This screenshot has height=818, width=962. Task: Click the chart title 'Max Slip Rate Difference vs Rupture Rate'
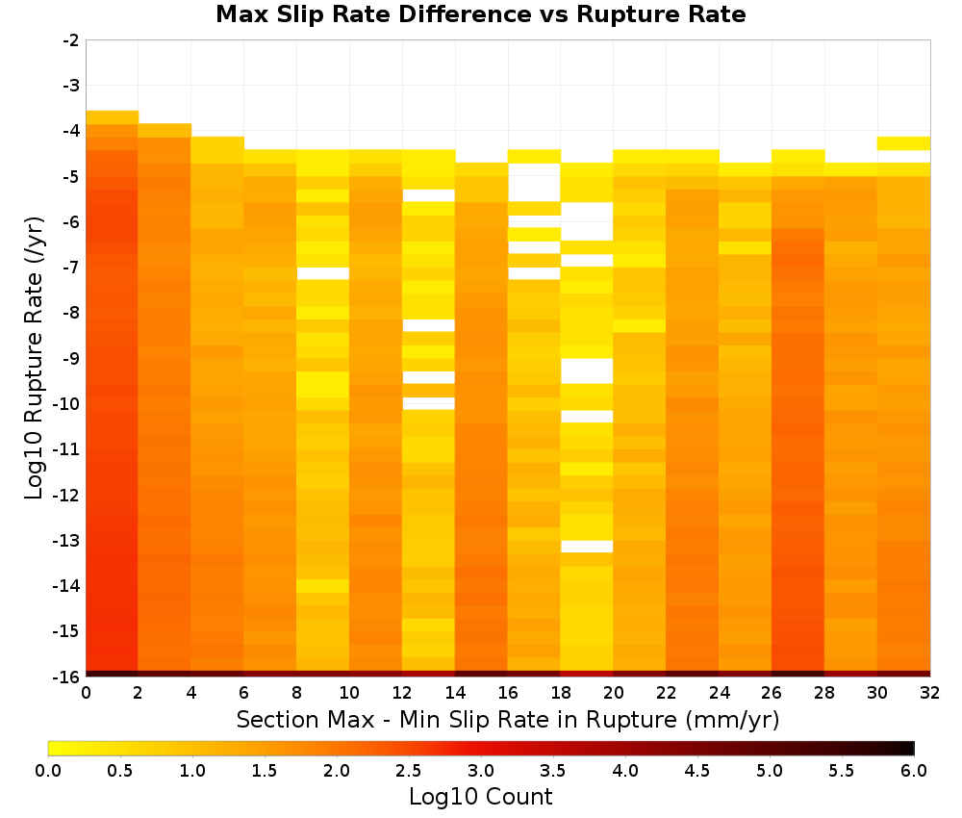pyautogui.click(x=481, y=14)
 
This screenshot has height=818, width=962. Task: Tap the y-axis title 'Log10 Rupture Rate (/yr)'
pyautogui.click(x=34, y=358)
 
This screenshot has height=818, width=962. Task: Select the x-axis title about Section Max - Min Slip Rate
pyautogui.click(x=508, y=720)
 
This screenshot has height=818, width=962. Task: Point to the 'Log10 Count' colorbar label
pyautogui.click(x=481, y=797)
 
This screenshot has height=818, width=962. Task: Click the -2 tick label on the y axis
pyautogui.click(x=71, y=40)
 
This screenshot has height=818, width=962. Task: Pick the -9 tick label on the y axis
pyautogui.click(x=71, y=358)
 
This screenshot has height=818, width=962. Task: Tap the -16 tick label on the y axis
pyautogui.click(x=67, y=677)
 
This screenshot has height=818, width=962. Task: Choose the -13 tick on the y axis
pyautogui.click(x=67, y=540)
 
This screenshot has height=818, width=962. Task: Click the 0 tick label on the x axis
pyautogui.click(x=86, y=693)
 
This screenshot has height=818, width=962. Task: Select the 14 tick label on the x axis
pyautogui.click(x=455, y=693)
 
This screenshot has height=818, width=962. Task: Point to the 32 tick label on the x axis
pyautogui.click(x=930, y=693)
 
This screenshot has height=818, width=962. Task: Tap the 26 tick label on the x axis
pyautogui.click(x=772, y=693)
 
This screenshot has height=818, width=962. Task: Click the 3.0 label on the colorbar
pyautogui.click(x=481, y=770)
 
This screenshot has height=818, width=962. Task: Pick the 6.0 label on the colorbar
pyautogui.click(x=914, y=770)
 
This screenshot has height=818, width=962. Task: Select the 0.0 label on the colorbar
pyautogui.click(x=48, y=770)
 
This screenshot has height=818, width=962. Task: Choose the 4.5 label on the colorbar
pyautogui.click(x=697, y=770)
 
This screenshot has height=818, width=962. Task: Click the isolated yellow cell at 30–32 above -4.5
pyautogui.click(x=903, y=143)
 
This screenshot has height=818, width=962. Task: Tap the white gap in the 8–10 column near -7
pyautogui.click(x=322, y=273)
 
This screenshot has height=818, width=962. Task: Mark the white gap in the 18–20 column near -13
pyautogui.click(x=587, y=547)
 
